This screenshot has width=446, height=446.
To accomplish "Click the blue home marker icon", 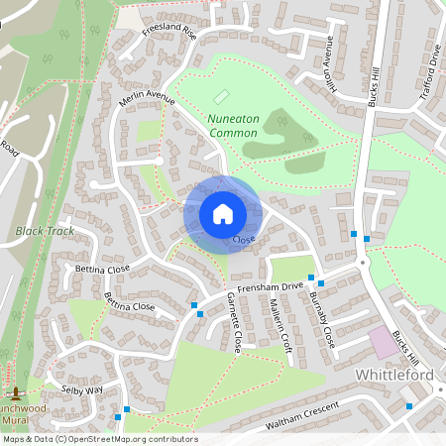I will click(x=222, y=214).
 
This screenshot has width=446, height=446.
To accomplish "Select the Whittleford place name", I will click(x=393, y=376).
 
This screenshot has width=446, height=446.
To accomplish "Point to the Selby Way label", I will click(x=81, y=390).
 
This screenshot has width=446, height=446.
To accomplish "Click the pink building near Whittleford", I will click(x=384, y=343).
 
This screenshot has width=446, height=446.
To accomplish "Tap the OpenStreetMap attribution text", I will click(x=99, y=439).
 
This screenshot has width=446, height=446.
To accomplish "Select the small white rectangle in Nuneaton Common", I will click(x=221, y=99).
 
